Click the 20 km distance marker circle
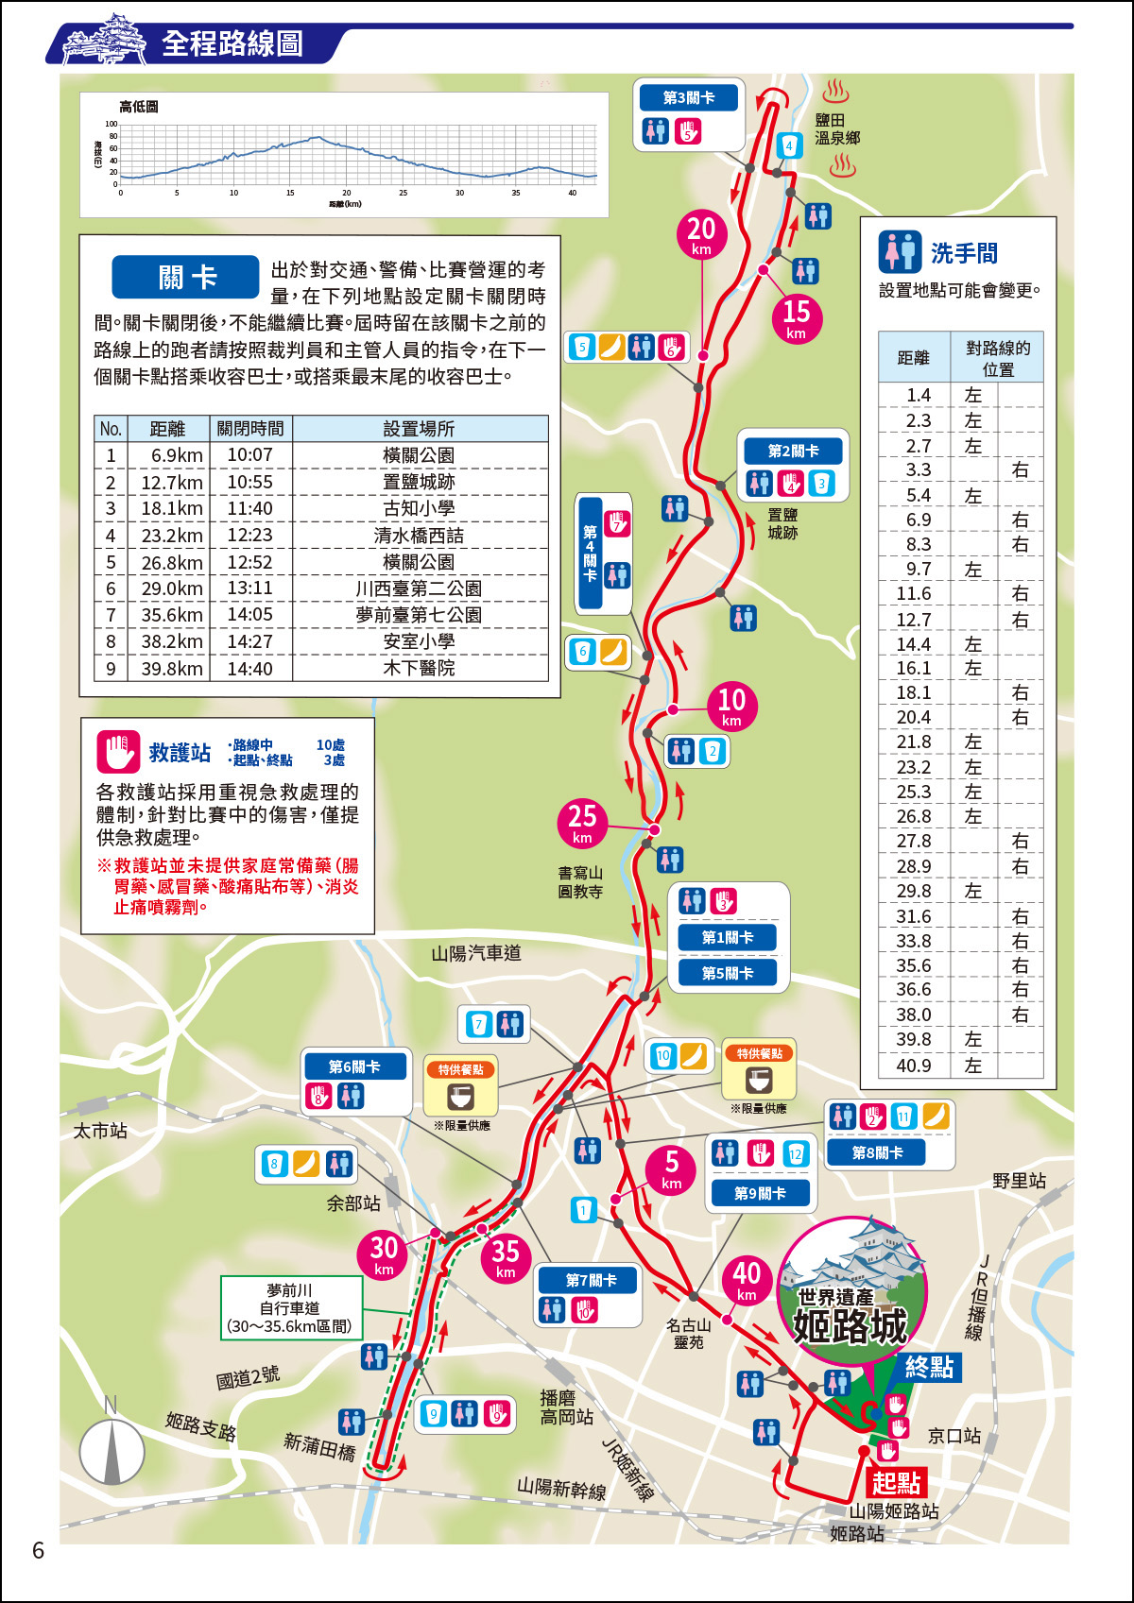coord(701,234)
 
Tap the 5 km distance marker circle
coord(671,1169)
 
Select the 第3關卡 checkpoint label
coord(688,98)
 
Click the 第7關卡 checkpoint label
coord(591,1280)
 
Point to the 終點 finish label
coord(928,1367)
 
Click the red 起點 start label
coord(895,1482)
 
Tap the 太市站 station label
coord(100,1131)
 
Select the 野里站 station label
coord(1019,1181)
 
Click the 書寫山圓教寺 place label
coord(580,882)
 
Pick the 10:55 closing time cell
coord(249,482)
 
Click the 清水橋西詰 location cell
coord(419,536)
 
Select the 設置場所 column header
coord(419,429)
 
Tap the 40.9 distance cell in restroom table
coord(913,1066)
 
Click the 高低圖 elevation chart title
coord(139,107)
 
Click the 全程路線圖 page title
coord(232,43)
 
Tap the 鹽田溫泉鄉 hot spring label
coord(837,129)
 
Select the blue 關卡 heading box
coord(185,278)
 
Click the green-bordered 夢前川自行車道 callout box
coord(291,1308)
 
